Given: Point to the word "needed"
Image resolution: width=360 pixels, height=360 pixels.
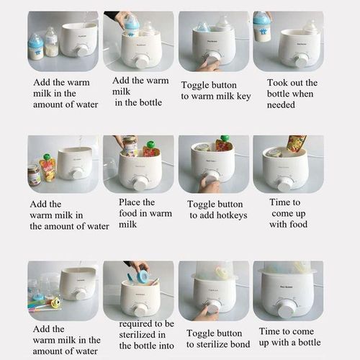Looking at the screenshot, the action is click(281, 105).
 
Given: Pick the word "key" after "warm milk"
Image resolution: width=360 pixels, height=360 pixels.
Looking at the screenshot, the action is click(244, 96).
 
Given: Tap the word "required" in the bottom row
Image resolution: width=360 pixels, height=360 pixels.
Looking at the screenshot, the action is click(137, 325).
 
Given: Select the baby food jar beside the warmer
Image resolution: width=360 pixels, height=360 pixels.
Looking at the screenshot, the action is click(34, 176).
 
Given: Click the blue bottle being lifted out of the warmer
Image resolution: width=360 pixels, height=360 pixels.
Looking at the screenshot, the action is click(262, 27).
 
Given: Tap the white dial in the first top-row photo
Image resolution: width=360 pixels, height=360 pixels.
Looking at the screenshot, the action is click(81, 52).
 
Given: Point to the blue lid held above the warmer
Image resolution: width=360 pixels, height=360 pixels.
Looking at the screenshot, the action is click(142, 276).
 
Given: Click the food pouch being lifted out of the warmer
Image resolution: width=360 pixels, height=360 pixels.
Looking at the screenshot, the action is click(296, 143).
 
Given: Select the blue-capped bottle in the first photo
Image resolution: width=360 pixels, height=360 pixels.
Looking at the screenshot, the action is click(36, 47).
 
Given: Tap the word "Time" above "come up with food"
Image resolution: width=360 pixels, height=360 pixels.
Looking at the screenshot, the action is click(284, 202).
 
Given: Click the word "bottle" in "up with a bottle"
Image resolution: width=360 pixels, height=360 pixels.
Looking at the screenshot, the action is click(310, 343).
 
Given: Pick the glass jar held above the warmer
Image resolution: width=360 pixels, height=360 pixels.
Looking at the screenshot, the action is click(130, 146).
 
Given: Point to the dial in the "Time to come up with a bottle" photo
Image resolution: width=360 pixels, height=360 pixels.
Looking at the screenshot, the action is click(287, 307).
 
